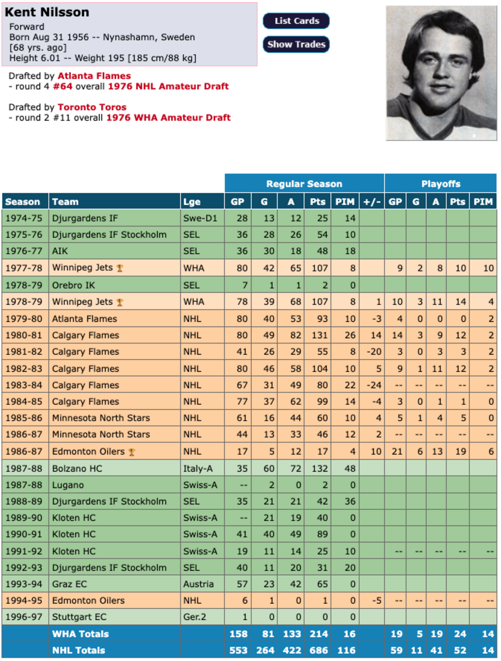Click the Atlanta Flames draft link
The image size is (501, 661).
click(94, 76)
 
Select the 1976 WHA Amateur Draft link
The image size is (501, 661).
click(168, 118)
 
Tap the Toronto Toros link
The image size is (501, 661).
click(92, 107)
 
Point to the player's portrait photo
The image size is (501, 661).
click(441, 73)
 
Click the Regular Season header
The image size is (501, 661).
click(304, 184)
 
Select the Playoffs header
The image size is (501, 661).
click(441, 184)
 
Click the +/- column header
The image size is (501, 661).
click(372, 202)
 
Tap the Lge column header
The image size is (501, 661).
click(192, 202)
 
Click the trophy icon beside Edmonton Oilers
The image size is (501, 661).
click(131, 452)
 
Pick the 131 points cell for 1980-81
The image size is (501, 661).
click(320, 335)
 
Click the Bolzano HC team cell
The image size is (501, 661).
click(77, 469)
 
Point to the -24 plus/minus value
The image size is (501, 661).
click(374, 385)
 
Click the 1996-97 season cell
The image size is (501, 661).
click(24, 617)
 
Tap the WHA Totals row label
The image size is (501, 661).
click(80, 634)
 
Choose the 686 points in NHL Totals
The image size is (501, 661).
click(318, 650)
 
